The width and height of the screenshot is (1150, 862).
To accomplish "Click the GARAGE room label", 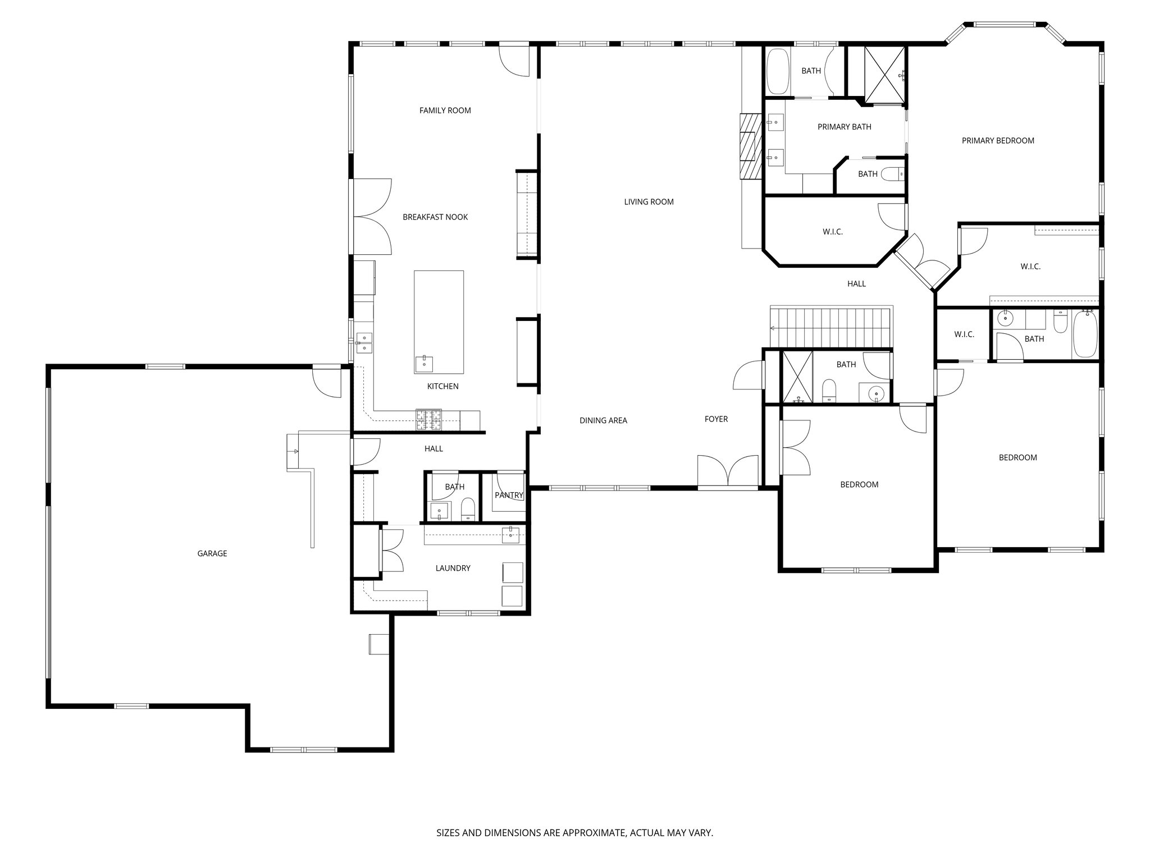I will click(212, 553).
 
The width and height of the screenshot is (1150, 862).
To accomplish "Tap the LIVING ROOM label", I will click(649, 202).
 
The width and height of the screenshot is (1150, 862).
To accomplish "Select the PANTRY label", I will click(509, 495).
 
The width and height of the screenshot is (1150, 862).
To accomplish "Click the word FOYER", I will click(716, 419).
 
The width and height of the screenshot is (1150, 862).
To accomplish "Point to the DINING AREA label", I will click(603, 420).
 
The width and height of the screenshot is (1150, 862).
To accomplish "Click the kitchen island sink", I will click(424, 364).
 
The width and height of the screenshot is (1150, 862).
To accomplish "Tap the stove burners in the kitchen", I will click(428, 420).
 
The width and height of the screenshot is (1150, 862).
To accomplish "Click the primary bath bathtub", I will click(778, 71).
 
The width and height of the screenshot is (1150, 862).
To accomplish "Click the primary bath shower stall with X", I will click(884, 76).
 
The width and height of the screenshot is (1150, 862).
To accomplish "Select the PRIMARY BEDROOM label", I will click(998, 141).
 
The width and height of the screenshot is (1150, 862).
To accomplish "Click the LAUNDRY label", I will click(453, 568).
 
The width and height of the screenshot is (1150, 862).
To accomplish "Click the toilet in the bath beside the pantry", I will click(468, 510).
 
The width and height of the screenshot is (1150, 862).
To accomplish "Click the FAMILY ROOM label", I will click(445, 111).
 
